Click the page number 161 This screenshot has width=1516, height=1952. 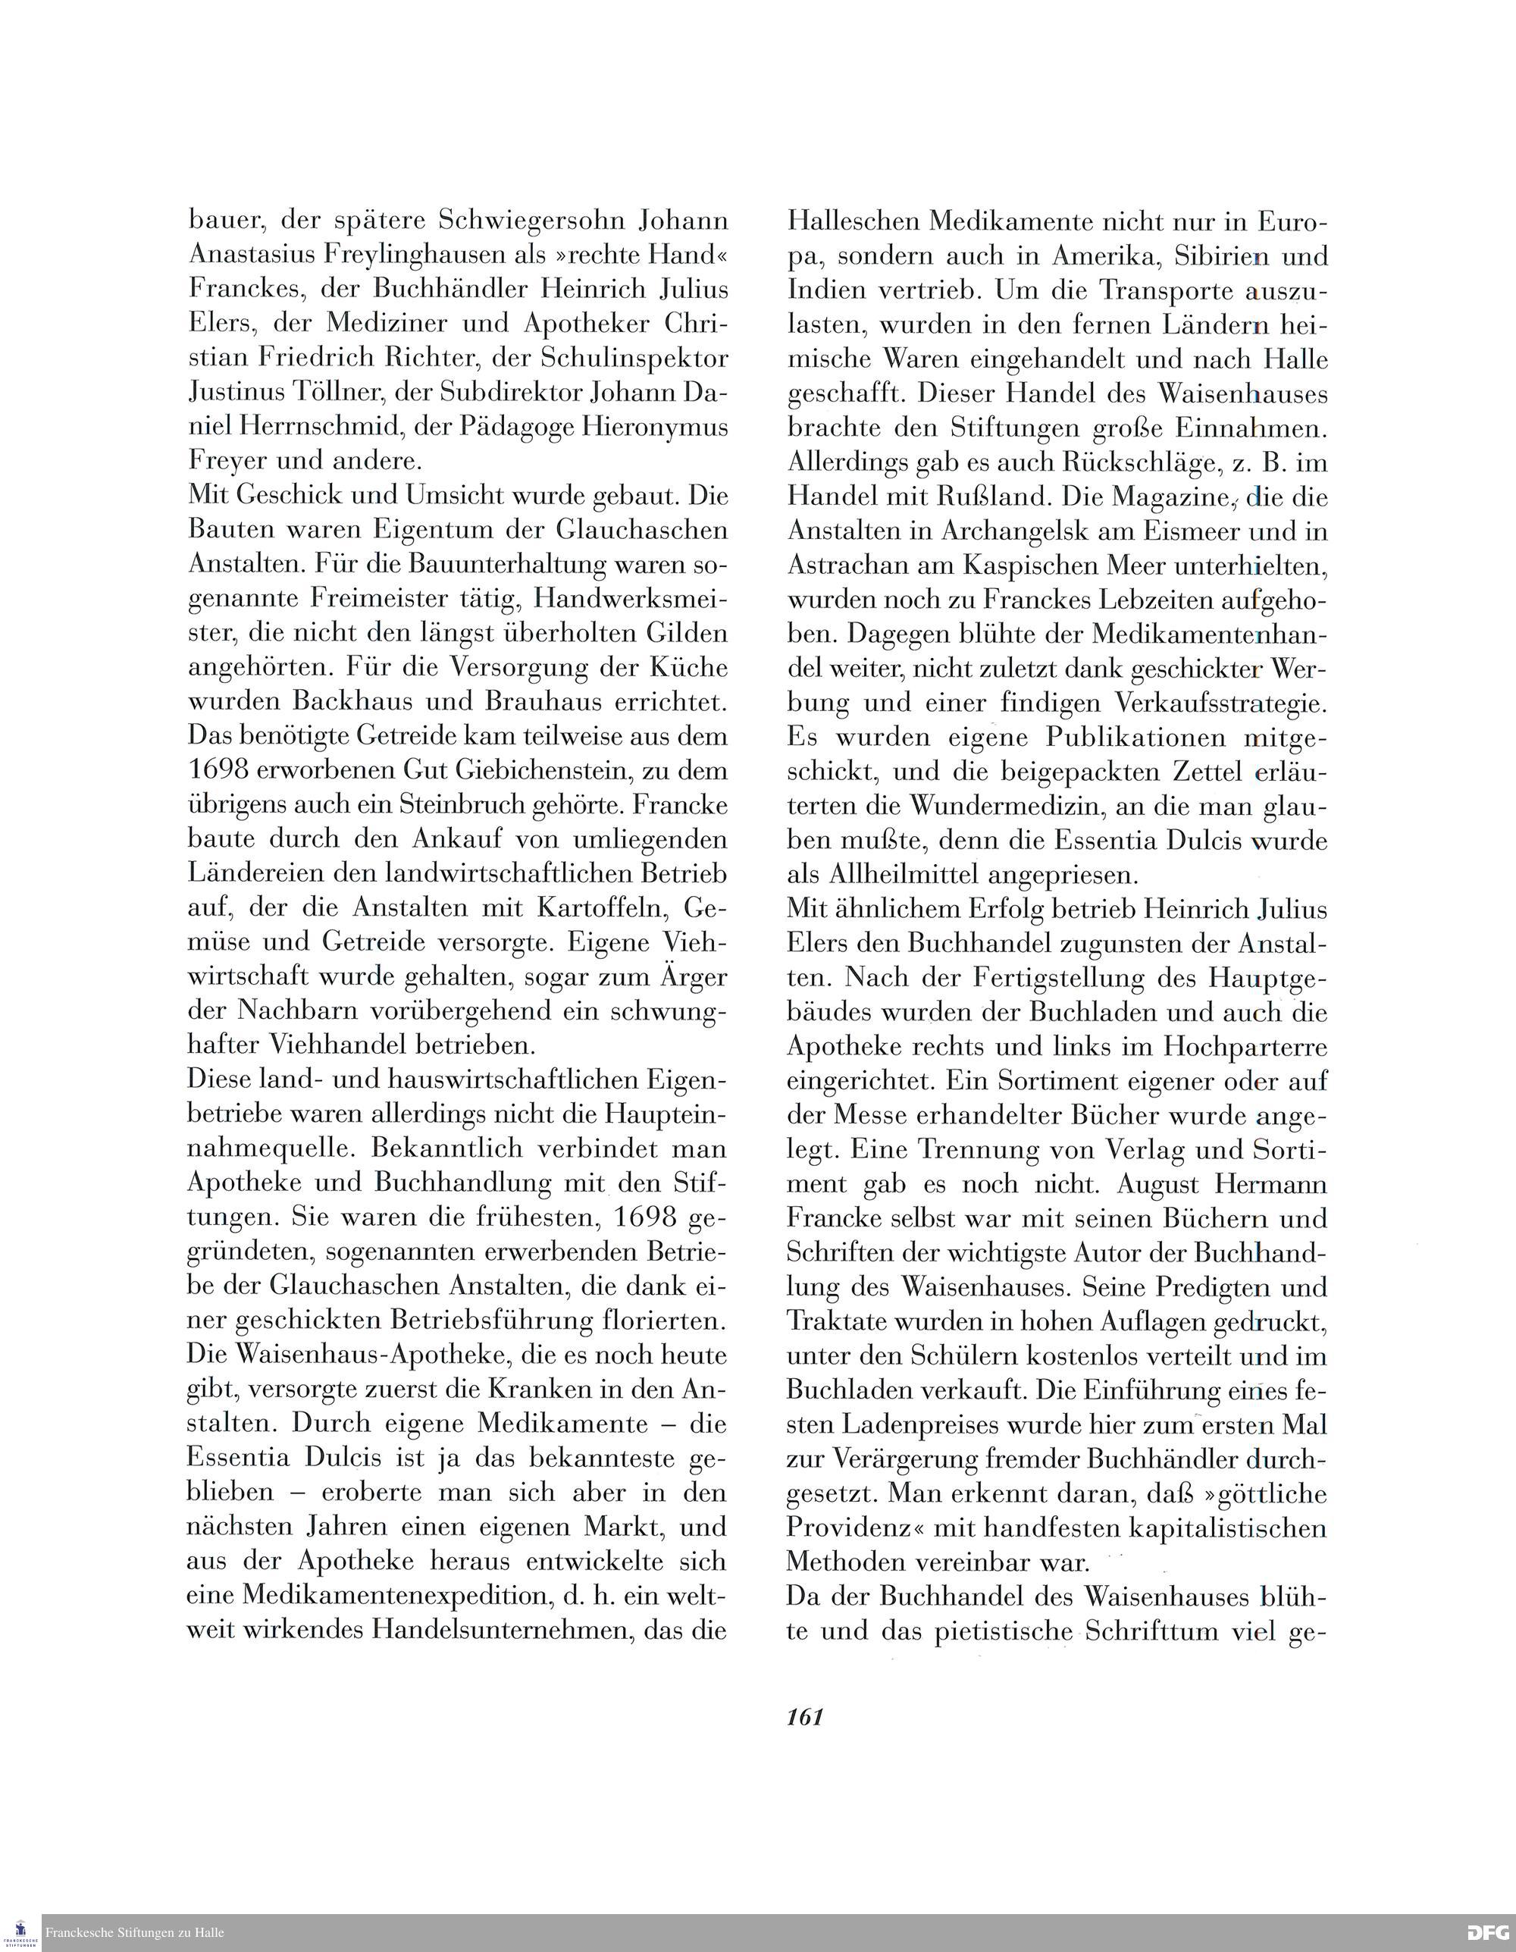click(x=804, y=1717)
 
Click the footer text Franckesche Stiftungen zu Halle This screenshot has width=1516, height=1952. click(x=135, y=1933)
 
